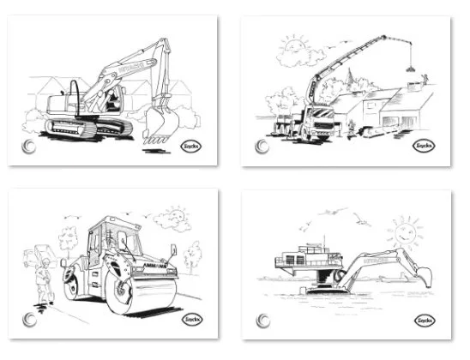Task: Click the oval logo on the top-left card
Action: (193, 146)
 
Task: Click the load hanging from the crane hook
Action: (411, 67)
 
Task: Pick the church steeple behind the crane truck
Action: (347, 81)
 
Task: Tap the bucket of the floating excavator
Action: (420, 276)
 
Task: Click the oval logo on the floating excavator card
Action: (424, 320)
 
